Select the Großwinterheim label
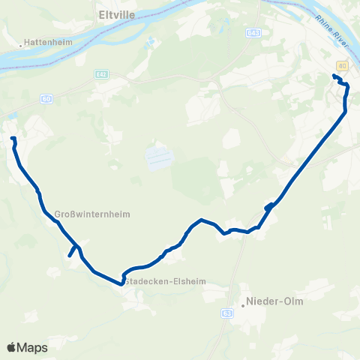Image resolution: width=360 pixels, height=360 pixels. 93,214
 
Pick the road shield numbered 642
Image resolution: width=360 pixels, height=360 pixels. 102,73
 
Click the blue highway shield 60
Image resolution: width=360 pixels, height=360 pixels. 46,98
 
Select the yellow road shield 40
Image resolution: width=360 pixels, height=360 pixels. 343,65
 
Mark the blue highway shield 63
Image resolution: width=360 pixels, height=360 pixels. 228,312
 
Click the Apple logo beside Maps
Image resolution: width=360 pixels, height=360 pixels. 11,347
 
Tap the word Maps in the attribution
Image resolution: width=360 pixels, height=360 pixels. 32,347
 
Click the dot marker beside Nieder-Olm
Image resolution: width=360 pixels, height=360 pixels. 244,303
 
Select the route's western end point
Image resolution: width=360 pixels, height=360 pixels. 12,139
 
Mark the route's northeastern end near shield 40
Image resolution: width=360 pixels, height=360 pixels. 334,76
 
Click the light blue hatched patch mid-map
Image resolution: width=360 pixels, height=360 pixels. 159,157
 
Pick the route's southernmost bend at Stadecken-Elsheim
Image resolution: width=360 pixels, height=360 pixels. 121,283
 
